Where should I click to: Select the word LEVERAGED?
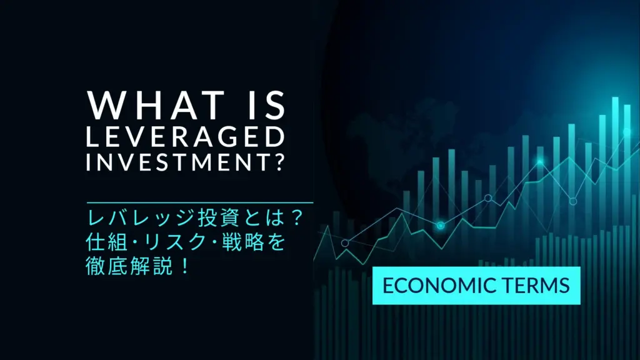185,137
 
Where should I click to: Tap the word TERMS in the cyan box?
532,286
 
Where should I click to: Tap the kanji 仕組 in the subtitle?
107,242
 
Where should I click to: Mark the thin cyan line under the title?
200,202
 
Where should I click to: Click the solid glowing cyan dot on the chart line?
441,225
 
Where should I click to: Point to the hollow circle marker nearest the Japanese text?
345,243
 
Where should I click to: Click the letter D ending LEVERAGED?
275,137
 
